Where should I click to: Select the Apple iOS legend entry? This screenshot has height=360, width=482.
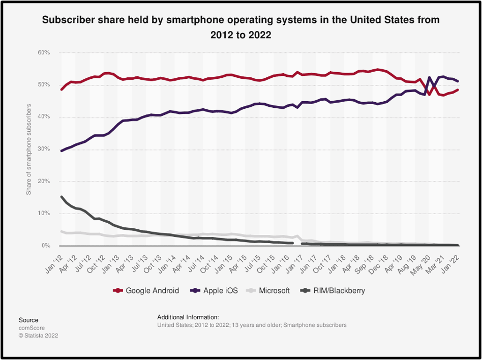click(x=217, y=291)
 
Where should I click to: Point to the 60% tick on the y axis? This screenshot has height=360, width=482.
click(x=43, y=53)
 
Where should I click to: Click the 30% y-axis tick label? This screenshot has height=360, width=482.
click(x=43, y=149)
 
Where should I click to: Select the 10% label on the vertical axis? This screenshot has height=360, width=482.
click(x=43, y=214)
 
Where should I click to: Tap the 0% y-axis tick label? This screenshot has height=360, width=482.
click(x=45, y=246)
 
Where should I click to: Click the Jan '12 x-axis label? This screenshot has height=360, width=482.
click(x=54, y=262)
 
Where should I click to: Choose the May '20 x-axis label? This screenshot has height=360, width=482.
click(x=423, y=262)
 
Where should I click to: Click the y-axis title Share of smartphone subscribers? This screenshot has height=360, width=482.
click(x=29, y=149)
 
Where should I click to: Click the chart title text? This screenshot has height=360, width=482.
click(x=241, y=27)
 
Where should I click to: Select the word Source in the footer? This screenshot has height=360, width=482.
click(x=28, y=320)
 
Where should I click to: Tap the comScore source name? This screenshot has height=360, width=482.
click(x=32, y=328)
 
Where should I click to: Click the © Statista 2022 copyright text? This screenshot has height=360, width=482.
click(x=38, y=336)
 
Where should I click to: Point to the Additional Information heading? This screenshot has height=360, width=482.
click(x=188, y=317)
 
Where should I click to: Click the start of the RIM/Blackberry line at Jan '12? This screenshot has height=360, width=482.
click(x=62, y=197)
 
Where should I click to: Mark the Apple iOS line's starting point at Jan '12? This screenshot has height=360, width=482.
click(x=62, y=151)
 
